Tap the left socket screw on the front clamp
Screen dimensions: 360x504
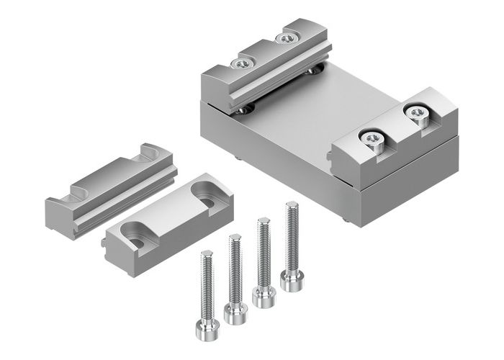pyautogui.click(x=372, y=138)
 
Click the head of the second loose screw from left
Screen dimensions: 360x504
pyautogui.click(x=235, y=312)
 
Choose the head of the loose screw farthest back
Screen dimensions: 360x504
pyautogui.click(x=292, y=279)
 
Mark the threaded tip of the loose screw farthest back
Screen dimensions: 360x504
pyautogui.click(x=290, y=206)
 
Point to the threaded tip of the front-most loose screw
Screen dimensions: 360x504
pyautogui.click(x=207, y=253)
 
